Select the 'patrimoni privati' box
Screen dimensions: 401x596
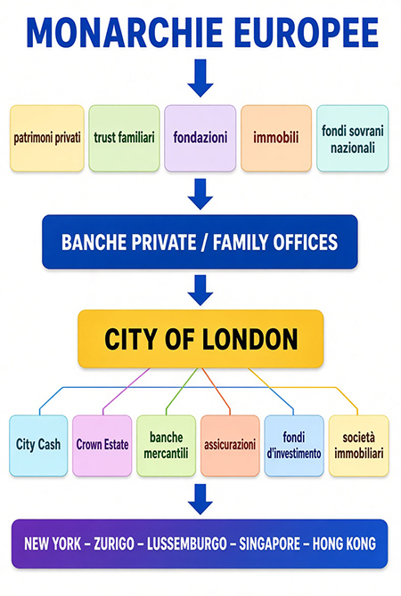pos(47,138)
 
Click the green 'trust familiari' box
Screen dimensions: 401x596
pos(124,138)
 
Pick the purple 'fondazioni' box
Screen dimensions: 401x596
pos(200,138)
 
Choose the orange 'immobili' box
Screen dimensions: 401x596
pos(276,138)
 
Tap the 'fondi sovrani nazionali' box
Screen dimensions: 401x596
pos(353,138)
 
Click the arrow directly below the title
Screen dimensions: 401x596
pos(200,78)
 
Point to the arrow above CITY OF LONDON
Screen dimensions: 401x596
pos(200,290)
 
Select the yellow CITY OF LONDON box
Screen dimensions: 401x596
pos(200,339)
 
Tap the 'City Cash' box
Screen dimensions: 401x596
pos(38,446)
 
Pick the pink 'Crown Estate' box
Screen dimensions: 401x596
pos(102,446)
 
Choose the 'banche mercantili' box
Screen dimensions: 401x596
pos(166,446)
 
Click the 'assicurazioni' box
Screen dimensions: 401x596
pos(230,446)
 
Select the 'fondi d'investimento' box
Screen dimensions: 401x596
pos(294,446)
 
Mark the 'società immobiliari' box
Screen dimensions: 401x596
pos(359,446)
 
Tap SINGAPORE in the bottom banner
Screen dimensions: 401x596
pos(270,544)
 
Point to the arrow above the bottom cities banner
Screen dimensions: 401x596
pos(200,499)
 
